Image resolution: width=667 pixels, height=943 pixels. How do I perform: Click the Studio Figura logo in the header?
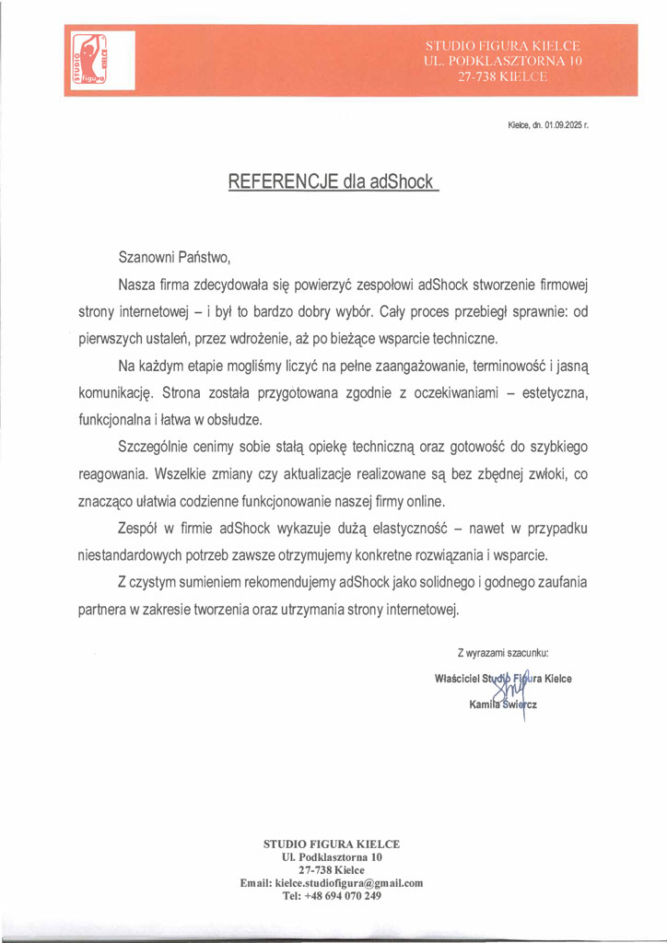pos(89,60)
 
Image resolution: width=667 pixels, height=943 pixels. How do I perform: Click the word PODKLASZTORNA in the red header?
pos(509,62)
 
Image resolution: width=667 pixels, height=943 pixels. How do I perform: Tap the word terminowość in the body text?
pos(507,366)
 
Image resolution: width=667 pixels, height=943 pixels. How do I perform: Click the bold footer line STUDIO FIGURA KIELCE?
pos(332,844)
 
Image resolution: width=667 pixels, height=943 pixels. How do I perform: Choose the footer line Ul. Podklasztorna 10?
pos(332,856)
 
